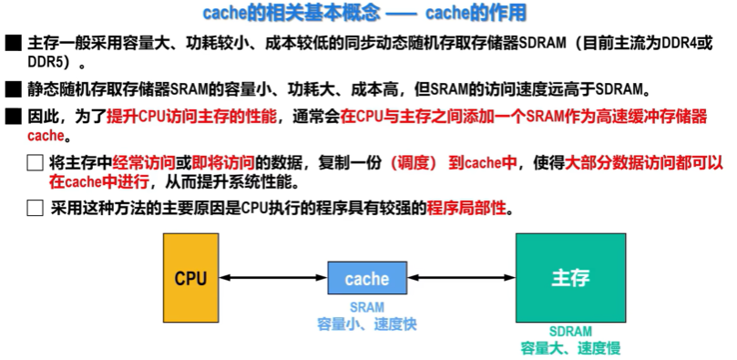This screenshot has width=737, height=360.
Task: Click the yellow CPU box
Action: pos(190,277)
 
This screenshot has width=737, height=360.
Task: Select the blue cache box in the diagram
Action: pos(367,278)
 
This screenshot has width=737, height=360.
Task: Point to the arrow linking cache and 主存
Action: pos(462,278)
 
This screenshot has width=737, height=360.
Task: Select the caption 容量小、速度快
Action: pos(366,324)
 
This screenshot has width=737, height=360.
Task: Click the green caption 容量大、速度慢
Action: pos(570,348)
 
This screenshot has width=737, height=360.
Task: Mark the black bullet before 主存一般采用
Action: pos(12,44)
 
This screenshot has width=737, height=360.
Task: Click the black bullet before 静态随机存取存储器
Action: pos(12,90)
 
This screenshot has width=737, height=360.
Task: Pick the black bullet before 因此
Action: pos(12,118)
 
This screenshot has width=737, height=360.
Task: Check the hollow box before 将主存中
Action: pos(35,164)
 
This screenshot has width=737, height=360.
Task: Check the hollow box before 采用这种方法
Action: pos(35,208)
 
